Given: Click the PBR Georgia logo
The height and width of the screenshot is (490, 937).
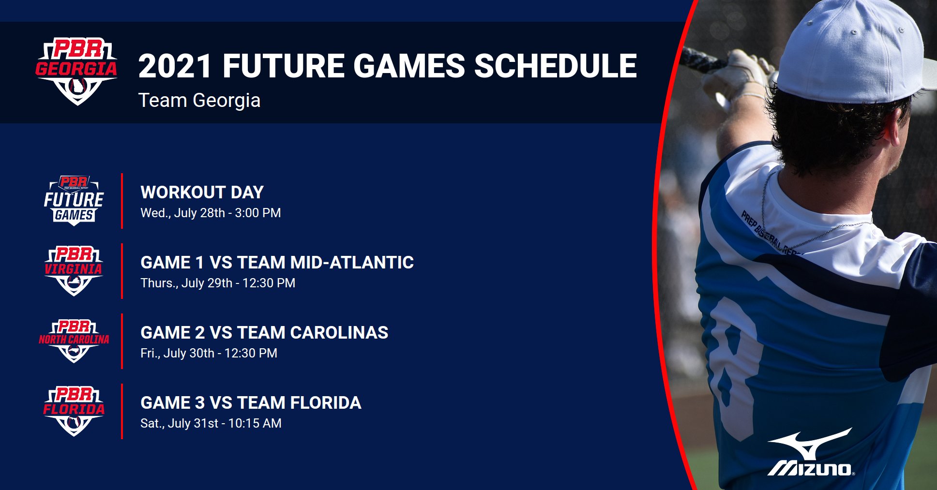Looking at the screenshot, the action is [x=76, y=72].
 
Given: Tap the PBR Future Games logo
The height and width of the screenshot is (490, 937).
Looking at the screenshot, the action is [x=74, y=200].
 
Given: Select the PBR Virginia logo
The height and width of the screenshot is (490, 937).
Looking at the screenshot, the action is [x=74, y=271].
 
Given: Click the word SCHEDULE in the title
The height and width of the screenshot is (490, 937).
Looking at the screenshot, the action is [x=555, y=66].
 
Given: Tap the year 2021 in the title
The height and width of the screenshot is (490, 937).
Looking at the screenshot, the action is [x=175, y=66].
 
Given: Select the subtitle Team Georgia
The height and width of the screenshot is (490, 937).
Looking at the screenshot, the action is [x=199, y=101].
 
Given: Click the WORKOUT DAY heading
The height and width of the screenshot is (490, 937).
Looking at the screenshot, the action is [x=202, y=193].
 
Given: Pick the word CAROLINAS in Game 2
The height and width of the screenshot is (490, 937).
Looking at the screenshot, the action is [x=339, y=333].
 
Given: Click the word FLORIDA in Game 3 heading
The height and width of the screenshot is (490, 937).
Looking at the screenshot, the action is [x=325, y=403].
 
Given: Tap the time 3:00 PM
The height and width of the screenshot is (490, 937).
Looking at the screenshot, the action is [x=257, y=213].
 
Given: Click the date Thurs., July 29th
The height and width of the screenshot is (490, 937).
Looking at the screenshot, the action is [x=186, y=283].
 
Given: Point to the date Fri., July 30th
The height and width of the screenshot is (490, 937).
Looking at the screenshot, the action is [x=177, y=354].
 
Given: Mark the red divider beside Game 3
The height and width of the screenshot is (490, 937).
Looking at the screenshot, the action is [x=122, y=411].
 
